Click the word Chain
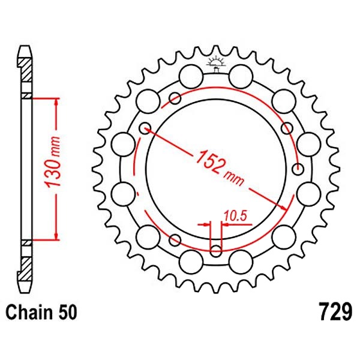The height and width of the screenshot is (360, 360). (x=29, y=313)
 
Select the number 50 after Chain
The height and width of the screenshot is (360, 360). (x=68, y=313)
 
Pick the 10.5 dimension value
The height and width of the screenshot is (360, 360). (x=235, y=216)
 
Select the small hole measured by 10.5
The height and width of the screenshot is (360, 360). (x=216, y=251)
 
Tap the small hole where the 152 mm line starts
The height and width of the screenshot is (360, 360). (x=145, y=128)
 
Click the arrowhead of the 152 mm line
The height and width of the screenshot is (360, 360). (x=284, y=208)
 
